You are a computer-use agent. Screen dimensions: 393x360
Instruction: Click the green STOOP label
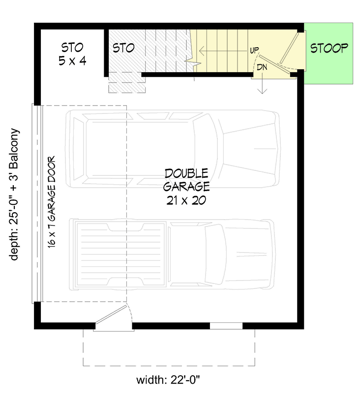[x=329, y=48]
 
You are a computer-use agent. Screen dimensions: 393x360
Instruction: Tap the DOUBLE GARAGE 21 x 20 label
[x=187, y=187]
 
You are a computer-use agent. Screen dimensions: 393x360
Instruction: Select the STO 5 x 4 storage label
[x=72, y=54]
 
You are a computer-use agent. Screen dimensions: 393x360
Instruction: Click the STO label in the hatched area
[x=123, y=48]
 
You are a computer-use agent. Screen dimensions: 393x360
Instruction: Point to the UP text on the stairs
[x=254, y=51]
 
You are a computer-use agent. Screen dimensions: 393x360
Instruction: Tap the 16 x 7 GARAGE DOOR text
[x=52, y=202]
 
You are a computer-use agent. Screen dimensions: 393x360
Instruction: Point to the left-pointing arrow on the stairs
[x=221, y=51]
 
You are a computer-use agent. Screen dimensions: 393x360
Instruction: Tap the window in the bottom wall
[x=226, y=326]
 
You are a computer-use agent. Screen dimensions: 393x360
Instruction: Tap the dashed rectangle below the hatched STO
[x=127, y=83]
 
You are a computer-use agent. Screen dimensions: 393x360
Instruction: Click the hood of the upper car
[x=246, y=147]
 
